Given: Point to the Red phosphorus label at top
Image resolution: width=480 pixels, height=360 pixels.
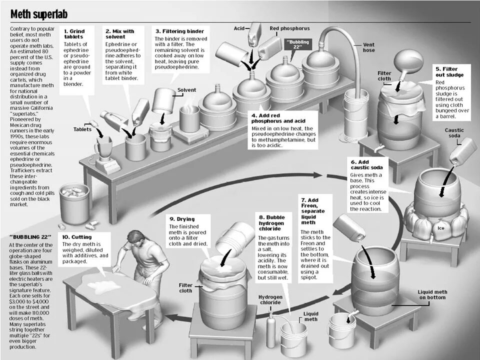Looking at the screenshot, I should pyautogui.click(x=289, y=28).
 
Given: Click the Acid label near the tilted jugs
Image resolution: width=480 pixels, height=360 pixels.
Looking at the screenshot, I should pyautogui.click(x=239, y=28).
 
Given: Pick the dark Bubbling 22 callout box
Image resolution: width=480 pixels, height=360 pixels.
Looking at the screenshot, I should pyautogui.click(x=299, y=43).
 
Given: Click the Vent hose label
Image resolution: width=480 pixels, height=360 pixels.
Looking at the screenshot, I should pyautogui.click(x=369, y=47).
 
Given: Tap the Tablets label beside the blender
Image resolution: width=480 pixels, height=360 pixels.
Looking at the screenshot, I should pyautogui.click(x=82, y=129).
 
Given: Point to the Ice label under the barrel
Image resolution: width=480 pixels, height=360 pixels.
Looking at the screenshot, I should pyautogui.click(x=440, y=228).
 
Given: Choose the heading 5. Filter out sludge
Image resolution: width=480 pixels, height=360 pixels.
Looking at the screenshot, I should pyautogui.click(x=449, y=71).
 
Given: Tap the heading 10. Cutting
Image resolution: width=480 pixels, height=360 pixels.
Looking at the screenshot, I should pyautogui.click(x=77, y=236).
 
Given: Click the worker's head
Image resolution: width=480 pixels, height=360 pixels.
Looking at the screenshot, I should pyautogui.click(x=133, y=237).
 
